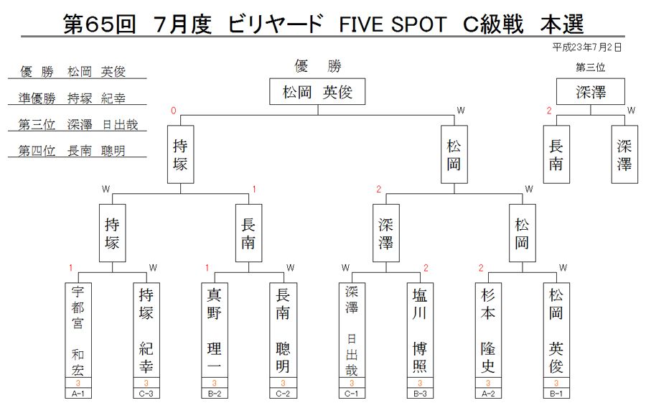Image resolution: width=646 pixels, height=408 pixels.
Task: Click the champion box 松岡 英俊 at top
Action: [317, 91]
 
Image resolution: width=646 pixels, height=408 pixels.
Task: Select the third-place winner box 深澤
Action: [591, 91]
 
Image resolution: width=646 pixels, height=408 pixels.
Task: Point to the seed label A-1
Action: [78, 394]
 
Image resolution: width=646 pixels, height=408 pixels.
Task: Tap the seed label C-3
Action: [146, 394]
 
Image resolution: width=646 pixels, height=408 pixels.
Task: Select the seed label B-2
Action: [214, 394]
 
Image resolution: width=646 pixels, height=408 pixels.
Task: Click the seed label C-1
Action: [352, 394]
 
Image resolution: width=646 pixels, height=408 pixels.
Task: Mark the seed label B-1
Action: [556, 394]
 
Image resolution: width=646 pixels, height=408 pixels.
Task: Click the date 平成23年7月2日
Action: [586, 47]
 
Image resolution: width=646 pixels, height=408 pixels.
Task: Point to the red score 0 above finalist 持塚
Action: [174, 111]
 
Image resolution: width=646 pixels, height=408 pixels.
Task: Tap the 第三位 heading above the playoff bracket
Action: [591, 68]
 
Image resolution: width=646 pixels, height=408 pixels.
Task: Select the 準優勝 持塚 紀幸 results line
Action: [72, 98]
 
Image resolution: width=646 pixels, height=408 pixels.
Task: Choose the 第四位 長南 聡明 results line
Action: [72, 151]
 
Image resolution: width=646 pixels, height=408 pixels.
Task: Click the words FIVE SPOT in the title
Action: [393, 24]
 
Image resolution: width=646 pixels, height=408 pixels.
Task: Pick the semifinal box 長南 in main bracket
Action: [248, 233]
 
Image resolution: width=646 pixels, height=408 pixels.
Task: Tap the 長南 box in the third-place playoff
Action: [556, 154]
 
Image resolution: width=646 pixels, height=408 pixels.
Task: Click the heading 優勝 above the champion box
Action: [318, 66]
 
